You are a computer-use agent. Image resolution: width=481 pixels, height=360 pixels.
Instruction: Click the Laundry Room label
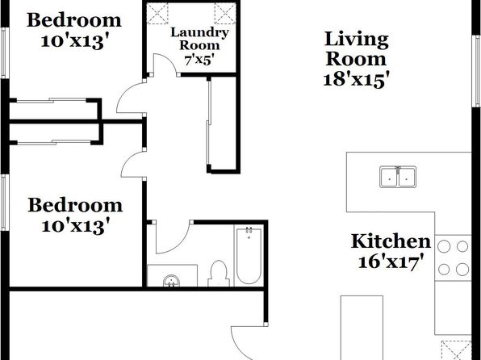click(199, 39)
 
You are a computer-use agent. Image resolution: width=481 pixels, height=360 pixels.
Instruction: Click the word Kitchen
click(391, 241)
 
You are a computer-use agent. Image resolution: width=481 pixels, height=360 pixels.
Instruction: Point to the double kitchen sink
click(398, 177)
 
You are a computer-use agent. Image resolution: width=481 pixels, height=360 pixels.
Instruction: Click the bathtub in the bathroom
click(249, 255)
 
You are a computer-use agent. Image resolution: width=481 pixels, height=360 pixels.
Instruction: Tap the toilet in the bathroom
click(219, 274)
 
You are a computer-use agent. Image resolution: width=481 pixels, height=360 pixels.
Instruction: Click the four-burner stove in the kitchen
click(453, 257)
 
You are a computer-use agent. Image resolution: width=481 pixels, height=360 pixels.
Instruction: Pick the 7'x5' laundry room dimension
click(199, 61)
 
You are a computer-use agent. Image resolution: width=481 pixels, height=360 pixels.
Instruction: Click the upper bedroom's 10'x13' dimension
click(75, 41)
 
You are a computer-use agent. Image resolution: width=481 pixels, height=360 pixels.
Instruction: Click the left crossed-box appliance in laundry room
click(157, 13)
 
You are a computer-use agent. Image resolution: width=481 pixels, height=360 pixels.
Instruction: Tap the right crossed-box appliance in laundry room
click(225, 13)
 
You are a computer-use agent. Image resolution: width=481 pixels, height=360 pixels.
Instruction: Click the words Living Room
click(356, 49)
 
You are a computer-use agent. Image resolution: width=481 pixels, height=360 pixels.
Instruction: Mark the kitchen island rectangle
click(362, 328)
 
